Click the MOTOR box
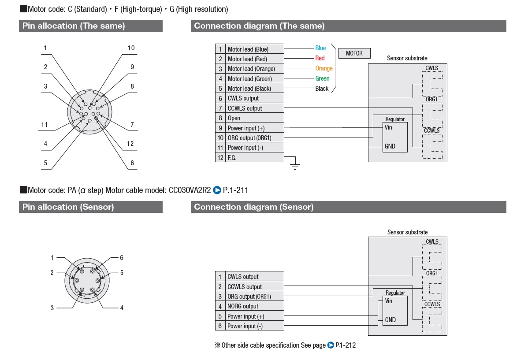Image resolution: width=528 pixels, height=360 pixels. point(354,53)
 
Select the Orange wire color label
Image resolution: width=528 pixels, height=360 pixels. point(324,68)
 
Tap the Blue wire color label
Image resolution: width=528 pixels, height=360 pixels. point(320,48)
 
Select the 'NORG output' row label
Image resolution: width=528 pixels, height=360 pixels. point(243,306)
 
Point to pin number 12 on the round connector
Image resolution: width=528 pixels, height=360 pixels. point(130,144)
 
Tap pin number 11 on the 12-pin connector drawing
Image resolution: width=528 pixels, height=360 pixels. point(45,125)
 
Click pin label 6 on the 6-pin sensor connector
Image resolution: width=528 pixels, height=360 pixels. point(122,258)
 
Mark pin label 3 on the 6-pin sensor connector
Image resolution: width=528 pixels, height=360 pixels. point(52,308)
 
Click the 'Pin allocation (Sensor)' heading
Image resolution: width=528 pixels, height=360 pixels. point(68,207)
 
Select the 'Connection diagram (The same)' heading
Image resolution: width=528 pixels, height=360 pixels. point(259,26)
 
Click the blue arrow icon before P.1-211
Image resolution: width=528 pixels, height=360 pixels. point(217,190)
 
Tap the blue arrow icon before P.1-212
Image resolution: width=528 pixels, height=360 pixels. point(331,345)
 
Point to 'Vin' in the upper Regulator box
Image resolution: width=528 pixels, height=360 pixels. point(388,127)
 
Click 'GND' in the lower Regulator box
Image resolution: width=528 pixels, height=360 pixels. point(390,320)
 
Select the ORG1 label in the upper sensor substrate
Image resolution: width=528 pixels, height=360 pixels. point(431,99)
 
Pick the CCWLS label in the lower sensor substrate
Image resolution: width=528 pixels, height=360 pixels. point(432,304)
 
